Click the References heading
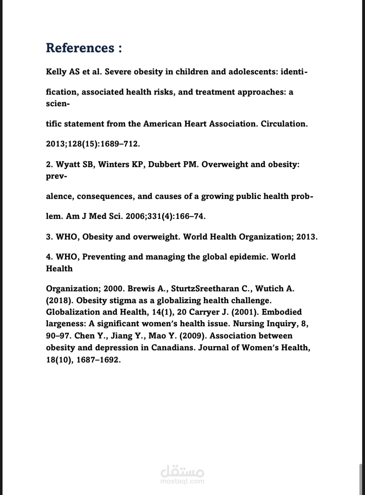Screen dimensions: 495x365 click(x=84, y=48)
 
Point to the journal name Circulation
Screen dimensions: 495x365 click(x=284, y=124)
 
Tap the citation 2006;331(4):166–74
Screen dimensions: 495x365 click(x=165, y=216)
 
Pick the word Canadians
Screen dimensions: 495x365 click(x=173, y=347)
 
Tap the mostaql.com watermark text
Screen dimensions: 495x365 click(x=182, y=481)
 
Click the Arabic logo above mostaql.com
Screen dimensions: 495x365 click(x=182, y=471)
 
